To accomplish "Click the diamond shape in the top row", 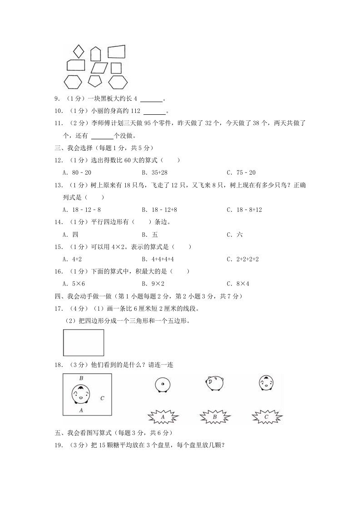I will (79, 50).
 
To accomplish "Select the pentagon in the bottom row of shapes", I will (95, 81).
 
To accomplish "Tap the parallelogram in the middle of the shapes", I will (99, 68).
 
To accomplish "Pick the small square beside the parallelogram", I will (116, 68).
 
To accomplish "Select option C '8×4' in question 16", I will (243, 284).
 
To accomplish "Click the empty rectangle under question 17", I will (84, 343).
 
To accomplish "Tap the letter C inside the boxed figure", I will (103, 398).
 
